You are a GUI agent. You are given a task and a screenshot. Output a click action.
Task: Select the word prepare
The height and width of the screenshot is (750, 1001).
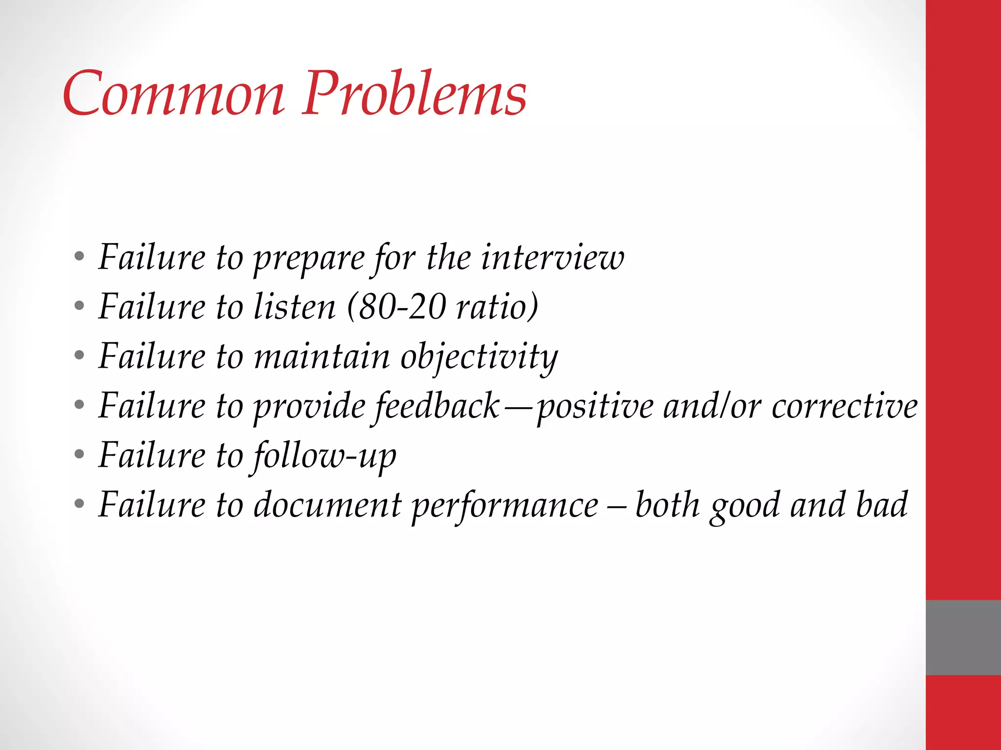(309, 259)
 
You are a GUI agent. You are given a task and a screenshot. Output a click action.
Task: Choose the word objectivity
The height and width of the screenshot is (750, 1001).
(479, 356)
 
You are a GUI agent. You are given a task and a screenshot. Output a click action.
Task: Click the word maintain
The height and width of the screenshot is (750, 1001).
(322, 356)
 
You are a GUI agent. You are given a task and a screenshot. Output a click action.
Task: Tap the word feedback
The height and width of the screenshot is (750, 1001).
(437, 406)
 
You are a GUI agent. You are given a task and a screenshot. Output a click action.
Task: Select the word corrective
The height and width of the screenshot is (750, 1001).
(845, 406)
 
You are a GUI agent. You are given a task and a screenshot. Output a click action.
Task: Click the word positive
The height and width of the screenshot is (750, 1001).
(595, 407)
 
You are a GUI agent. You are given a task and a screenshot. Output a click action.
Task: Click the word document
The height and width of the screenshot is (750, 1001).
(327, 505)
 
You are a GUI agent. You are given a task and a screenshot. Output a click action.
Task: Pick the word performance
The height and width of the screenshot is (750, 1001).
(505, 506)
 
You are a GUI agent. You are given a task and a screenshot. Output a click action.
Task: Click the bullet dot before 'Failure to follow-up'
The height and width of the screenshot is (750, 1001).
(79, 455)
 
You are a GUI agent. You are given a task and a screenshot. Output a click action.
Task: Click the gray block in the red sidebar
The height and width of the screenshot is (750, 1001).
(963, 637)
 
